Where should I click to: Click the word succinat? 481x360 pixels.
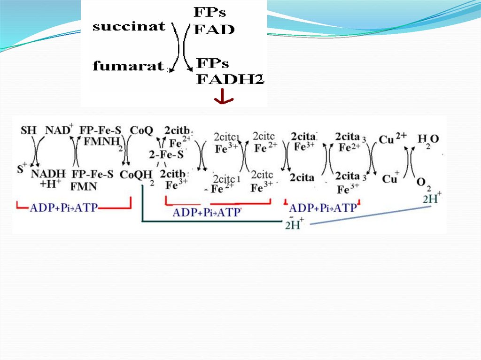(x=129, y=26)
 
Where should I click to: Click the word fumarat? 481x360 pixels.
(x=128, y=66)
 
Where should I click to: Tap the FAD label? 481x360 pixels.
(x=214, y=30)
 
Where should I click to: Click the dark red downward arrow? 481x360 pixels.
(x=224, y=98)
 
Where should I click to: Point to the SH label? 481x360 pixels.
(x=28, y=130)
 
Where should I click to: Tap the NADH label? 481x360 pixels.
(x=48, y=175)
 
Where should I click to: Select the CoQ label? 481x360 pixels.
(x=141, y=130)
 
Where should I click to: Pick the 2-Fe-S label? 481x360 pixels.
(x=166, y=154)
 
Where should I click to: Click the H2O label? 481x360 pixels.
(x=428, y=140)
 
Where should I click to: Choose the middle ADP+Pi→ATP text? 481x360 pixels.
(x=207, y=212)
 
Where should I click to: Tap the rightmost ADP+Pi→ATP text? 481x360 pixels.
(x=323, y=208)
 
